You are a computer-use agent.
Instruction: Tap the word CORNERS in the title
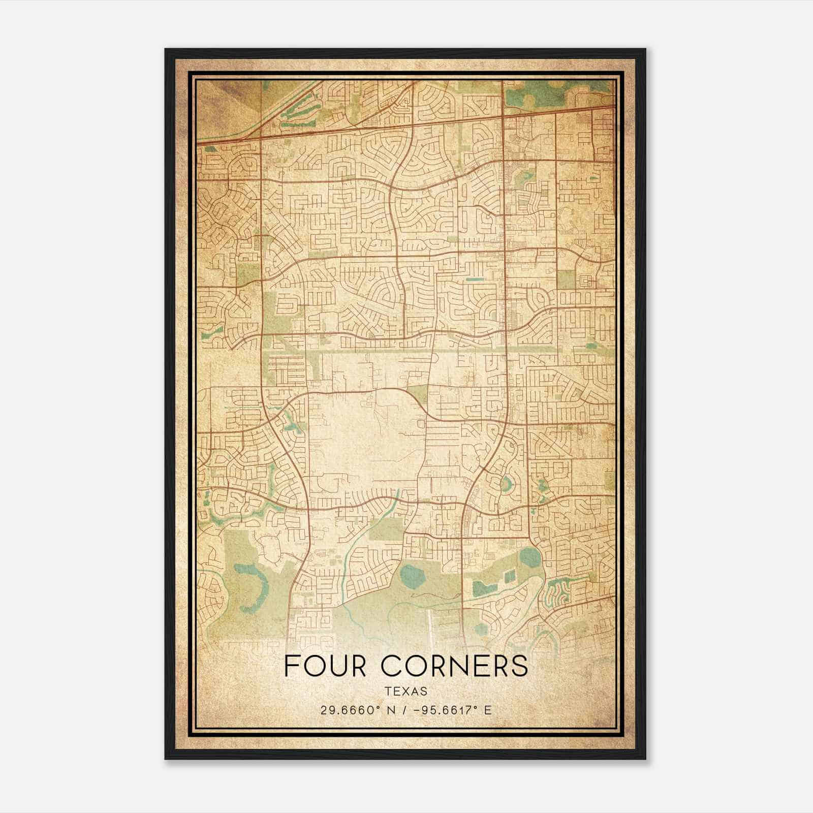[x=454, y=666]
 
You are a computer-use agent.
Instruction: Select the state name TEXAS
[x=406, y=692]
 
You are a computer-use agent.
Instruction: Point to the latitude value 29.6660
[x=345, y=710]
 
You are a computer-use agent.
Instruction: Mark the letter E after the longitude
[x=488, y=710]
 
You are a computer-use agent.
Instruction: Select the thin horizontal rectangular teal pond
[x=475, y=279]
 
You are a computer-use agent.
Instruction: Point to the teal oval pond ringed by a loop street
[x=506, y=484]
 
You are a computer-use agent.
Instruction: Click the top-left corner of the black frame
[x=166, y=49]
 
